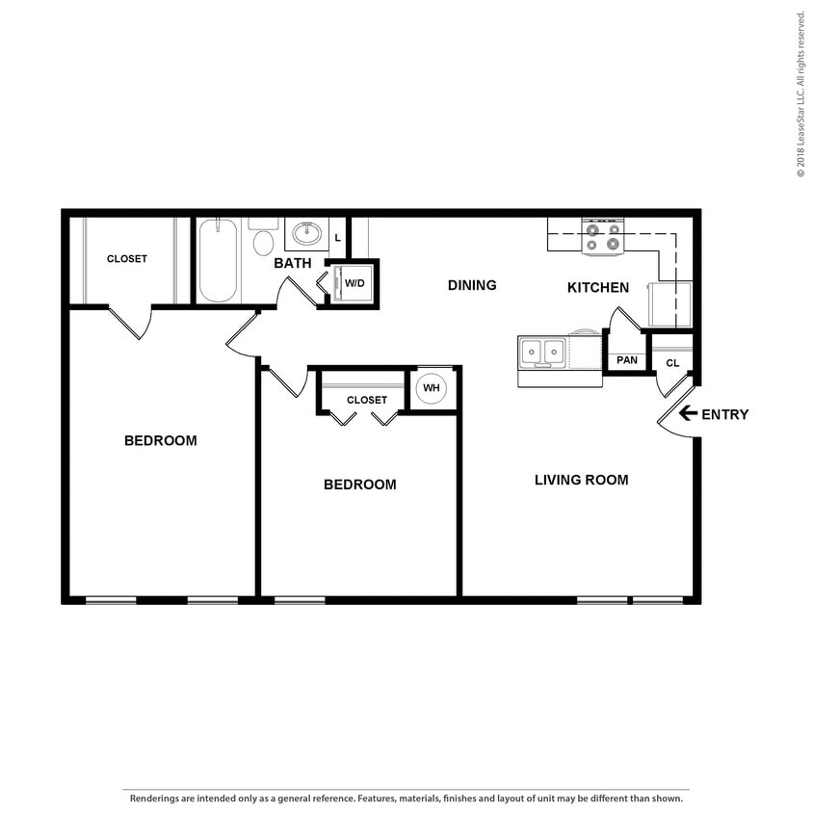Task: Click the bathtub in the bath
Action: [219, 260]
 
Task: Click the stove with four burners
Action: [603, 237]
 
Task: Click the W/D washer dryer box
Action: [354, 283]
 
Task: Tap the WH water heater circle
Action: [431, 388]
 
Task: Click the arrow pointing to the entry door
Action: [688, 414]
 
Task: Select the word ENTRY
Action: [724, 415]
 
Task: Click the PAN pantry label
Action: [627, 360]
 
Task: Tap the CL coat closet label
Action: [672, 363]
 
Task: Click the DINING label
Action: [472, 285]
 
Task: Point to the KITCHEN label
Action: [597, 287]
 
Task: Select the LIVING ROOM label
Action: [581, 480]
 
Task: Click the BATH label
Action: [292, 263]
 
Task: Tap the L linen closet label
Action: [337, 237]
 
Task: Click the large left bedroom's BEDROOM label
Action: [160, 440]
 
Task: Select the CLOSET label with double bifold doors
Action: [366, 400]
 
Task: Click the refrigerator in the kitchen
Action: [669, 303]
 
